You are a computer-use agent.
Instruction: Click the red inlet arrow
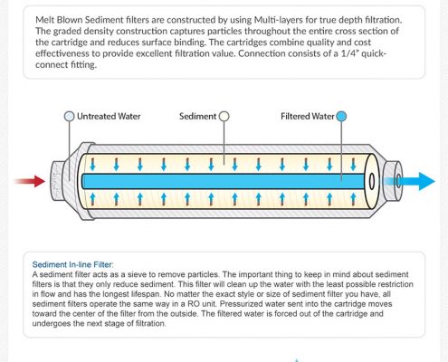[x=30, y=181]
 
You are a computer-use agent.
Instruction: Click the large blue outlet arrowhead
[x=425, y=181]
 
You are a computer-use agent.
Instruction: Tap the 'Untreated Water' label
[x=109, y=116]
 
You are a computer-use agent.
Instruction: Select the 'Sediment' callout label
[x=197, y=116]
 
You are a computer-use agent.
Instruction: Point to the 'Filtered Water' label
[x=308, y=116]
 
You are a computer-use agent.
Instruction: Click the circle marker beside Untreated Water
[x=70, y=116]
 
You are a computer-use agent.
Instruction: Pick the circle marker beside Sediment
[x=224, y=116]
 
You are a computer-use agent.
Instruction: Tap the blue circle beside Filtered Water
[x=341, y=116]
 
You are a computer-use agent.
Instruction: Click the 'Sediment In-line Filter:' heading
[x=72, y=264]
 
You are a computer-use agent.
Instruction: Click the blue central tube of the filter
[x=224, y=181]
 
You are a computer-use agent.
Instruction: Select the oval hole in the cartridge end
[x=372, y=181]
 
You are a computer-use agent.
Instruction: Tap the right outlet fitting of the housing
[x=394, y=181]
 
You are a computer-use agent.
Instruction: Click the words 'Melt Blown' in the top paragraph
[x=59, y=20]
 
